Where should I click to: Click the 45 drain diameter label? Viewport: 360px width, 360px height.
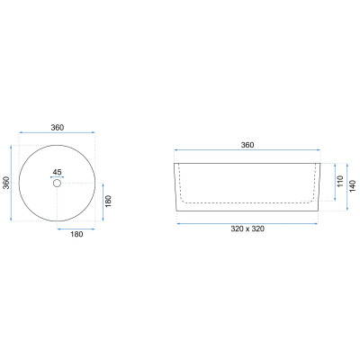pyautogui.click(x=57, y=172)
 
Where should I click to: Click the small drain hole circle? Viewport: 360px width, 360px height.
pyautogui.click(x=57, y=183)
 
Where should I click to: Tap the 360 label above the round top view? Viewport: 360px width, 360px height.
pyautogui.click(x=57, y=128)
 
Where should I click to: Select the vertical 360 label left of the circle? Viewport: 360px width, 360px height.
pyautogui.click(x=6, y=183)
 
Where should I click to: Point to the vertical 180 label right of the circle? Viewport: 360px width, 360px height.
pyautogui.click(x=109, y=201)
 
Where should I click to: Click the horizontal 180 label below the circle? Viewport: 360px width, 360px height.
pyautogui.click(x=76, y=234)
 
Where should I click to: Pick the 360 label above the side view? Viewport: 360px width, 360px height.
pyautogui.click(x=247, y=145)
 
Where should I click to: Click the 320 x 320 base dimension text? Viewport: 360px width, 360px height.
pyautogui.click(x=247, y=229)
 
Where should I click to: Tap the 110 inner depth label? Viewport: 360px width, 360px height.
pyautogui.click(x=340, y=181)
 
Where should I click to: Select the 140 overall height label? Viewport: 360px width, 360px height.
pyautogui.click(x=353, y=186)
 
